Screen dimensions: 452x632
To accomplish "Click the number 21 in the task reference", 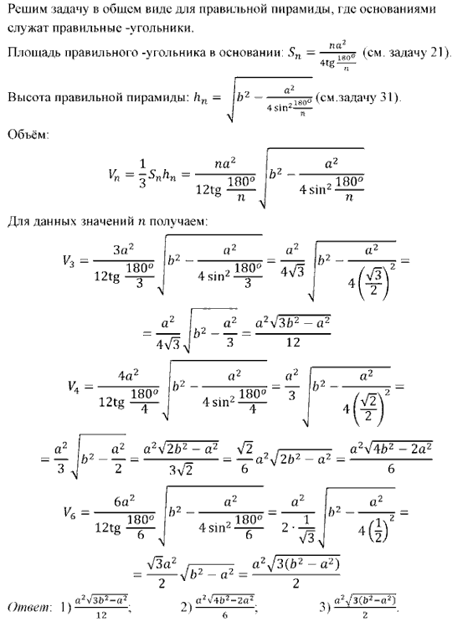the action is tap(438, 53).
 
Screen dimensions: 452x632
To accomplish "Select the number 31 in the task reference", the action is tap(388, 98).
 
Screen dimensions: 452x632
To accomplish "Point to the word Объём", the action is tap(28, 134).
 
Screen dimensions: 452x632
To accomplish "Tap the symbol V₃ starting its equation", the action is tap(69, 262).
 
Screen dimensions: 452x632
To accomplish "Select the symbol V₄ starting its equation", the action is tap(74, 388).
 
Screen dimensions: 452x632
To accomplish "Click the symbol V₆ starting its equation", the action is tap(69, 513).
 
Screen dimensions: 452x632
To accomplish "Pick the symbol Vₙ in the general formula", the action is tap(114, 174).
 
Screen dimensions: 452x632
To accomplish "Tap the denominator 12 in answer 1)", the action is tap(101, 616).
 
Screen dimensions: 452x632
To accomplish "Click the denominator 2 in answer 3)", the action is tap(364, 616).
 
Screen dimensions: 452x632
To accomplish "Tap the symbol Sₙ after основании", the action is tap(295, 54).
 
